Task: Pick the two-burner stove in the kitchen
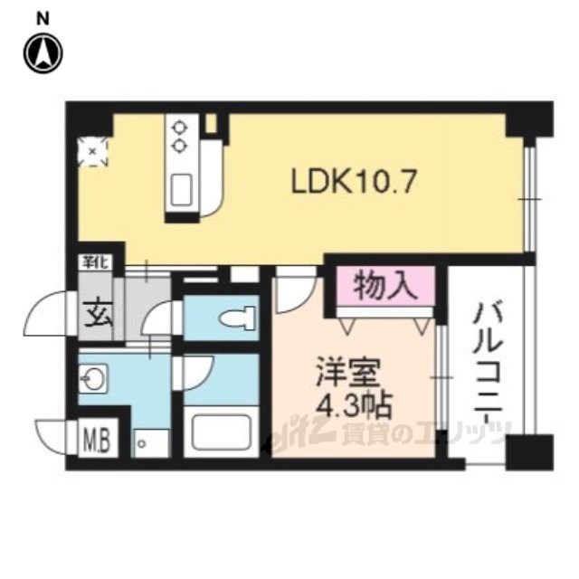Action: (x=179, y=136)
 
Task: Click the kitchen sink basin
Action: (x=179, y=191)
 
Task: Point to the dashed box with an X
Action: (x=92, y=151)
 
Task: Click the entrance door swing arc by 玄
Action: (x=47, y=317)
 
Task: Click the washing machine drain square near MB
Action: (x=141, y=444)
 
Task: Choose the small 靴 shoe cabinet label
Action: (x=90, y=261)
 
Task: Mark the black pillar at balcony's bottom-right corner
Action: (x=529, y=451)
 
